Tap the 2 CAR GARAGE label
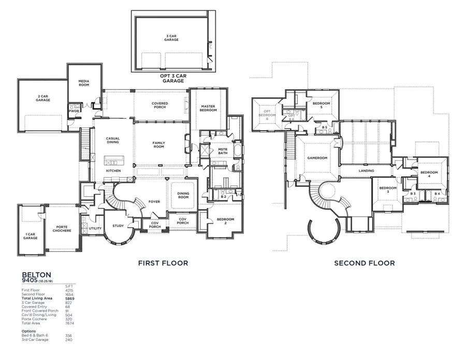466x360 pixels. pyautogui.click(x=43, y=98)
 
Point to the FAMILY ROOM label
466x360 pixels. pyautogui.click(x=158, y=145)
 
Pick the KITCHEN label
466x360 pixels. pyautogui.click(x=113, y=170)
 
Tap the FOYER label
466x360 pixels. pyautogui.click(x=154, y=201)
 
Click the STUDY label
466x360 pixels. pyautogui.click(x=118, y=225)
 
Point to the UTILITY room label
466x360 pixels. pyautogui.click(x=95, y=228)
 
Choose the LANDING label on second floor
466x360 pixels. pyautogui.click(x=367, y=170)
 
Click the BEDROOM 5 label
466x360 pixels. pyautogui.click(x=321, y=105)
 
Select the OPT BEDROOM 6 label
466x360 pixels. pyautogui.click(x=268, y=115)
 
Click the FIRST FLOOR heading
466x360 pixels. pyautogui.click(x=163, y=263)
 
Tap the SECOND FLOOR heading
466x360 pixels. pyautogui.click(x=364, y=263)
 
